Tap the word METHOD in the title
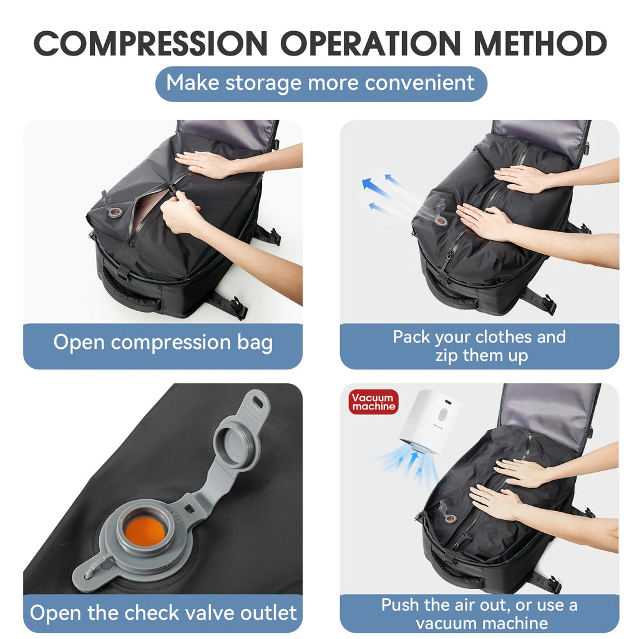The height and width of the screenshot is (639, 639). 540,43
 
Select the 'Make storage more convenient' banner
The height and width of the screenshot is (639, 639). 320,83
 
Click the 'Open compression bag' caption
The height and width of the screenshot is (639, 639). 162,343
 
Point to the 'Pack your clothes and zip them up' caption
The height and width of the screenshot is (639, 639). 479,346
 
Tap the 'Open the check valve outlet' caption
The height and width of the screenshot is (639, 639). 162,612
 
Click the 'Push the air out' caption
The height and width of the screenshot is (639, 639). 479,613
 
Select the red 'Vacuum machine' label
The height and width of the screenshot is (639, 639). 373,402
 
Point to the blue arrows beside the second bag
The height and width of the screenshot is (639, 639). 381,193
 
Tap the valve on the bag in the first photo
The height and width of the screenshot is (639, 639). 112,208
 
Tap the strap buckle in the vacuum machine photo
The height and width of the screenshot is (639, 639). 552,585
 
